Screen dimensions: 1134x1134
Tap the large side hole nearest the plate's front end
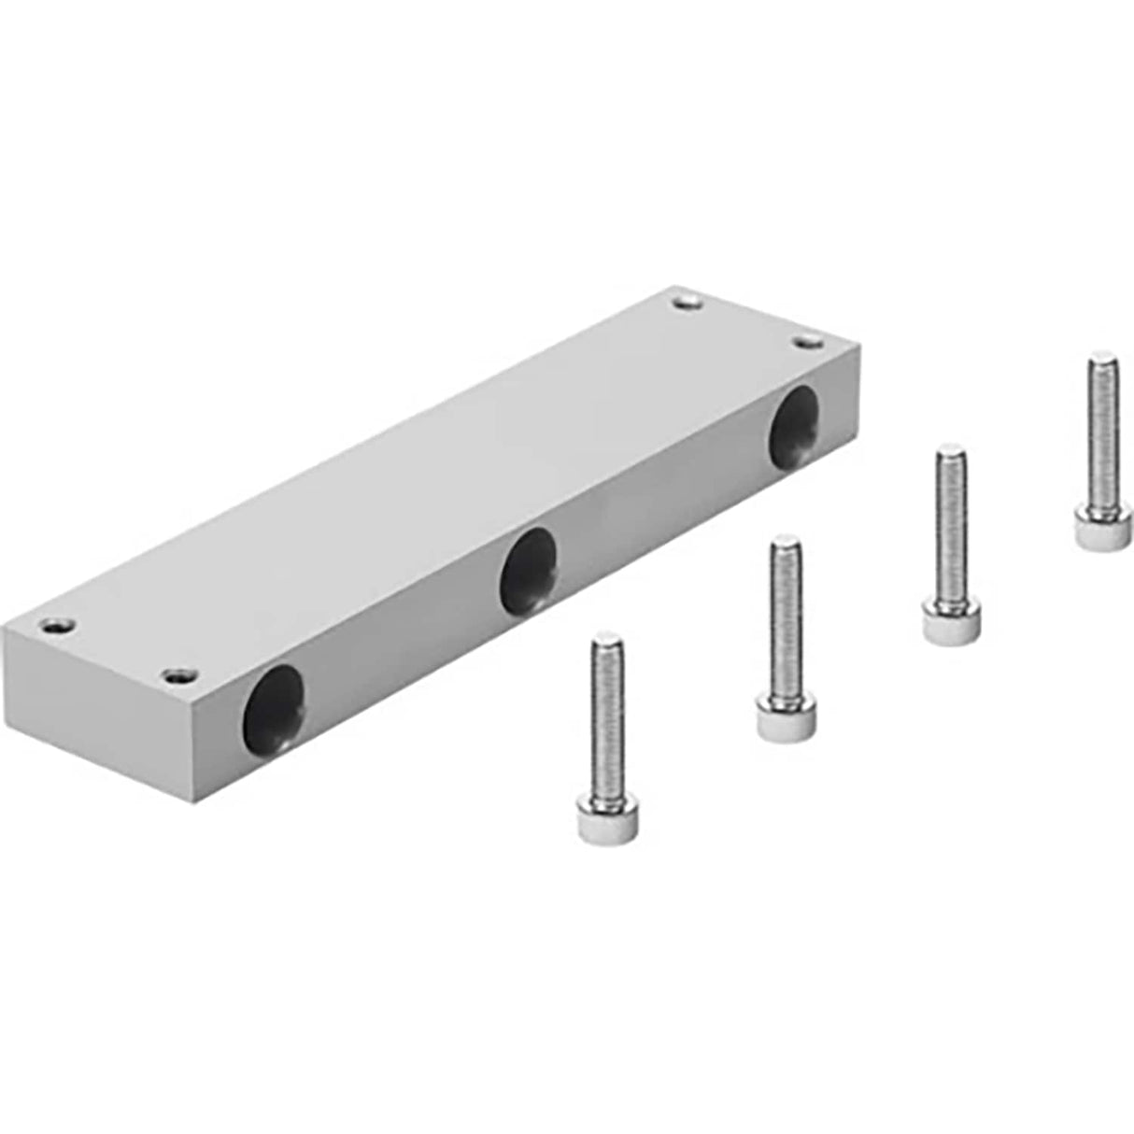(x=275, y=704)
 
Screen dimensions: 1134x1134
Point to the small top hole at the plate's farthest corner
(x=688, y=301)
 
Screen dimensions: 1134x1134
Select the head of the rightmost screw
(x=1093, y=529)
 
